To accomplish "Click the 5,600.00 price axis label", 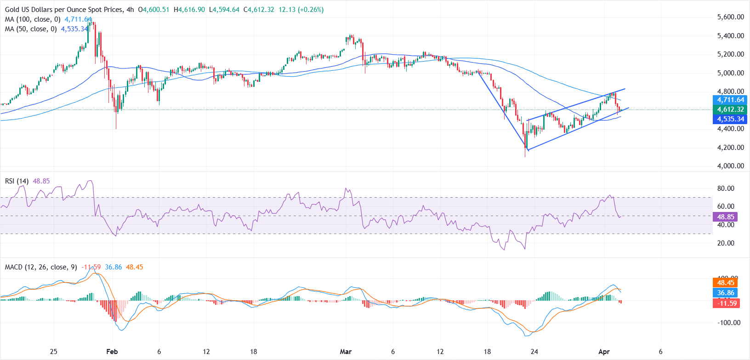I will [730, 17].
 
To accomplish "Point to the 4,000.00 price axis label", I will [730, 166].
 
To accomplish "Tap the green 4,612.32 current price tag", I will [730, 109].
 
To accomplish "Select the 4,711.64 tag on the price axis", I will [730, 100].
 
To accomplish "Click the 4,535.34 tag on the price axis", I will [730, 119].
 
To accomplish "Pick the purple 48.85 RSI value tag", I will [726, 217].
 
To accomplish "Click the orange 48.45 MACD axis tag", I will [726, 283].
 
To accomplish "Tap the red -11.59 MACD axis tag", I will [726, 303].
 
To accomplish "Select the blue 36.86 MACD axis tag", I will [726, 293].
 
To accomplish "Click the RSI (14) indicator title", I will [17, 181].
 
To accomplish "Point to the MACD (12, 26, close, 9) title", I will [41, 267].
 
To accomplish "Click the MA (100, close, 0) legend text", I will [33, 19].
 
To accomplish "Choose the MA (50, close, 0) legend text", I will [31, 29].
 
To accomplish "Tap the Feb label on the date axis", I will [112, 352].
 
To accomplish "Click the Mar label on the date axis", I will [346, 352].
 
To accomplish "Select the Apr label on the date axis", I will [604, 352].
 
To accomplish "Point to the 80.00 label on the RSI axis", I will [726, 189].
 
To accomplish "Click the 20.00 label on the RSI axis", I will [726, 243].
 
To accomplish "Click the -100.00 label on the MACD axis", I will [728, 323].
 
